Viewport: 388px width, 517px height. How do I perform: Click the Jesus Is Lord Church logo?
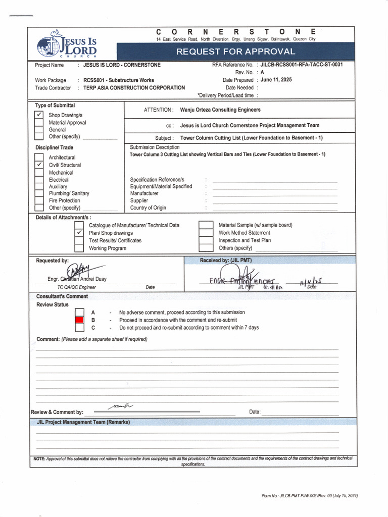(x=67, y=44)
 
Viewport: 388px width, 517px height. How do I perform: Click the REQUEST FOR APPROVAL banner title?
(x=235, y=51)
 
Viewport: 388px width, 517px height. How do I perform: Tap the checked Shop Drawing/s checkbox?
(x=39, y=115)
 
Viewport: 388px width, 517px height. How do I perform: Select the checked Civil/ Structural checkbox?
(x=39, y=165)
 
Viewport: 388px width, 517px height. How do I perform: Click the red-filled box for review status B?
(x=79, y=320)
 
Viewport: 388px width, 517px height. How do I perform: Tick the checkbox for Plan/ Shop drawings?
(x=79, y=233)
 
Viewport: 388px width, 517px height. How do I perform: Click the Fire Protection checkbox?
(x=39, y=200)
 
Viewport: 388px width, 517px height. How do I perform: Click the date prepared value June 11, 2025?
(x=276, y=80)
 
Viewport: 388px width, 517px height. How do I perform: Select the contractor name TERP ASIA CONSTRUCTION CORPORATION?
(x=134, y=88)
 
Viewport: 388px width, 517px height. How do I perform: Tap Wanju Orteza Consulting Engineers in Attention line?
(x=220, y=110)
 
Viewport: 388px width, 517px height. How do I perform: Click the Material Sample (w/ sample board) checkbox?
(x=206, y=225)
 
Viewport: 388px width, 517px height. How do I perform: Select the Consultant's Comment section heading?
(x=62, y=296)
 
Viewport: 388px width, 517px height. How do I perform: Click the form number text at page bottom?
(x=309, y=496)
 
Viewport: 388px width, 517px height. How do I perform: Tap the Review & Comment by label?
(x=57, y=412)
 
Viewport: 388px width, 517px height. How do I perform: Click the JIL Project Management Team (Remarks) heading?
(x=83, y=422)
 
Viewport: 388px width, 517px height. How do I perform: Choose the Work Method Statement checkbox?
(x=206, y=233)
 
